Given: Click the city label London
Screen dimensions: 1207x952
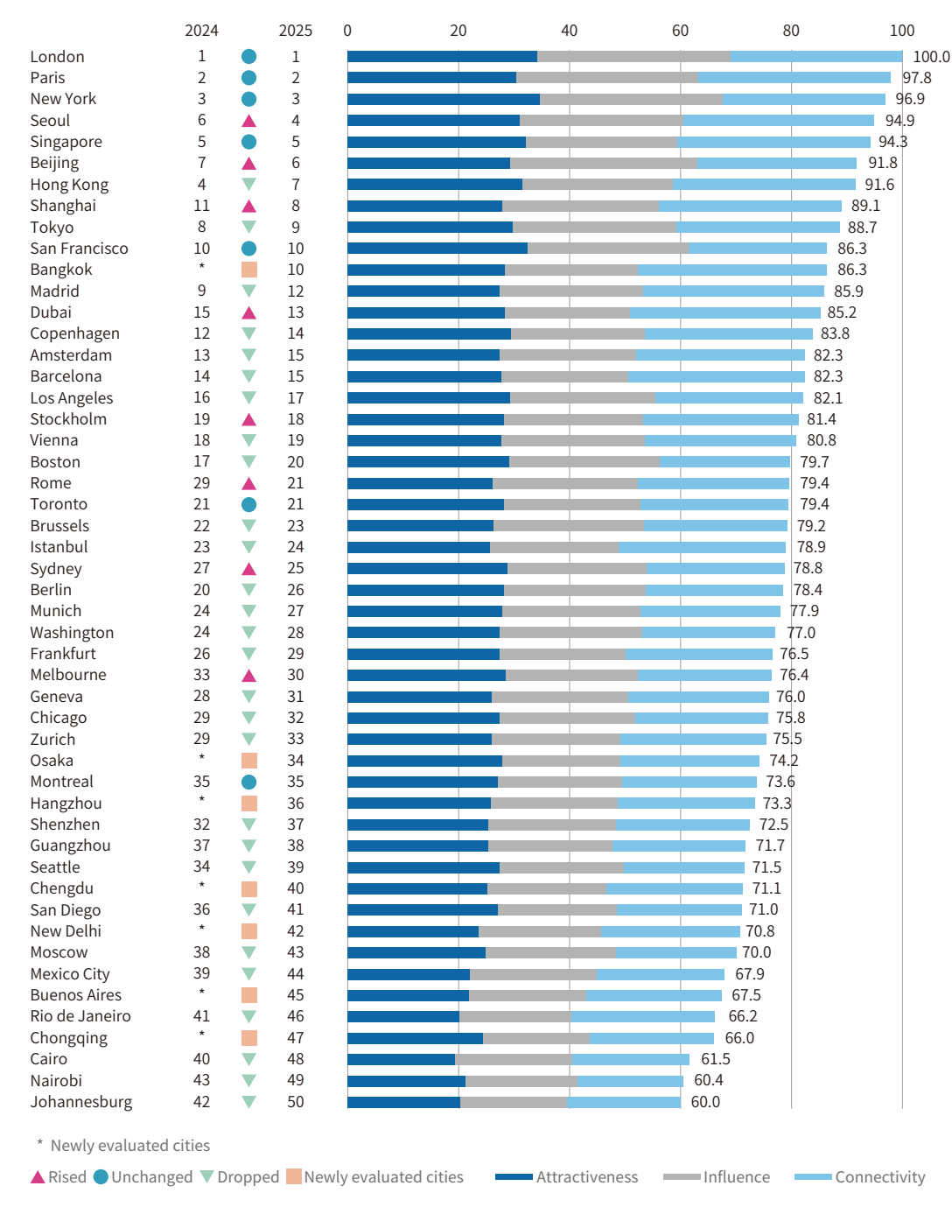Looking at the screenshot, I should (57, 57).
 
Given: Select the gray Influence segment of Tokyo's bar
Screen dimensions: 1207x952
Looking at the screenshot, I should (594, 228).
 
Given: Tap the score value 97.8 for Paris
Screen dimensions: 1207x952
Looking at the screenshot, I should (917, 78).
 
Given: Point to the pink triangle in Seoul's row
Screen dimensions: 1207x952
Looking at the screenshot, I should (248, 121).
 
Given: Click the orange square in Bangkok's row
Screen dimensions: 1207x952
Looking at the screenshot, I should (248, 270).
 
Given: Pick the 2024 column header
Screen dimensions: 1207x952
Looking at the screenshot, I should (201, 31).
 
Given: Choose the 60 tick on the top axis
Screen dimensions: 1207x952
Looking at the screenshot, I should (680, 31).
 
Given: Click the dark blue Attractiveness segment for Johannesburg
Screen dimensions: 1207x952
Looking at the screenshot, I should (403, 1102).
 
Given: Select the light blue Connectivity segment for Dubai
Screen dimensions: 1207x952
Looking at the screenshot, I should (724, 312).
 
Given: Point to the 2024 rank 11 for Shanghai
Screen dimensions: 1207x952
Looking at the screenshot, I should (201, 206).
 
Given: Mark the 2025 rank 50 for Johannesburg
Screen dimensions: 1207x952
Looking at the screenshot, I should (296, 1102).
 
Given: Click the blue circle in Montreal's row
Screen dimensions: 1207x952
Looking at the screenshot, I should (248, 782).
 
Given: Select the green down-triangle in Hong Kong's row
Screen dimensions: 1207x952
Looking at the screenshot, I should (248, 185).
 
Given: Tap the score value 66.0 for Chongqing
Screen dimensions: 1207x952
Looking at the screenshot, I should (739, 1038).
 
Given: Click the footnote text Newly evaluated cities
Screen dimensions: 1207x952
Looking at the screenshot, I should (129, 1146).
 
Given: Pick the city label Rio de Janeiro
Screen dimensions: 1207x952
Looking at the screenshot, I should (80, 1016).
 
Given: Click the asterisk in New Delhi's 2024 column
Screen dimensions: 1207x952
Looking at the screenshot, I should (201, 929).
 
